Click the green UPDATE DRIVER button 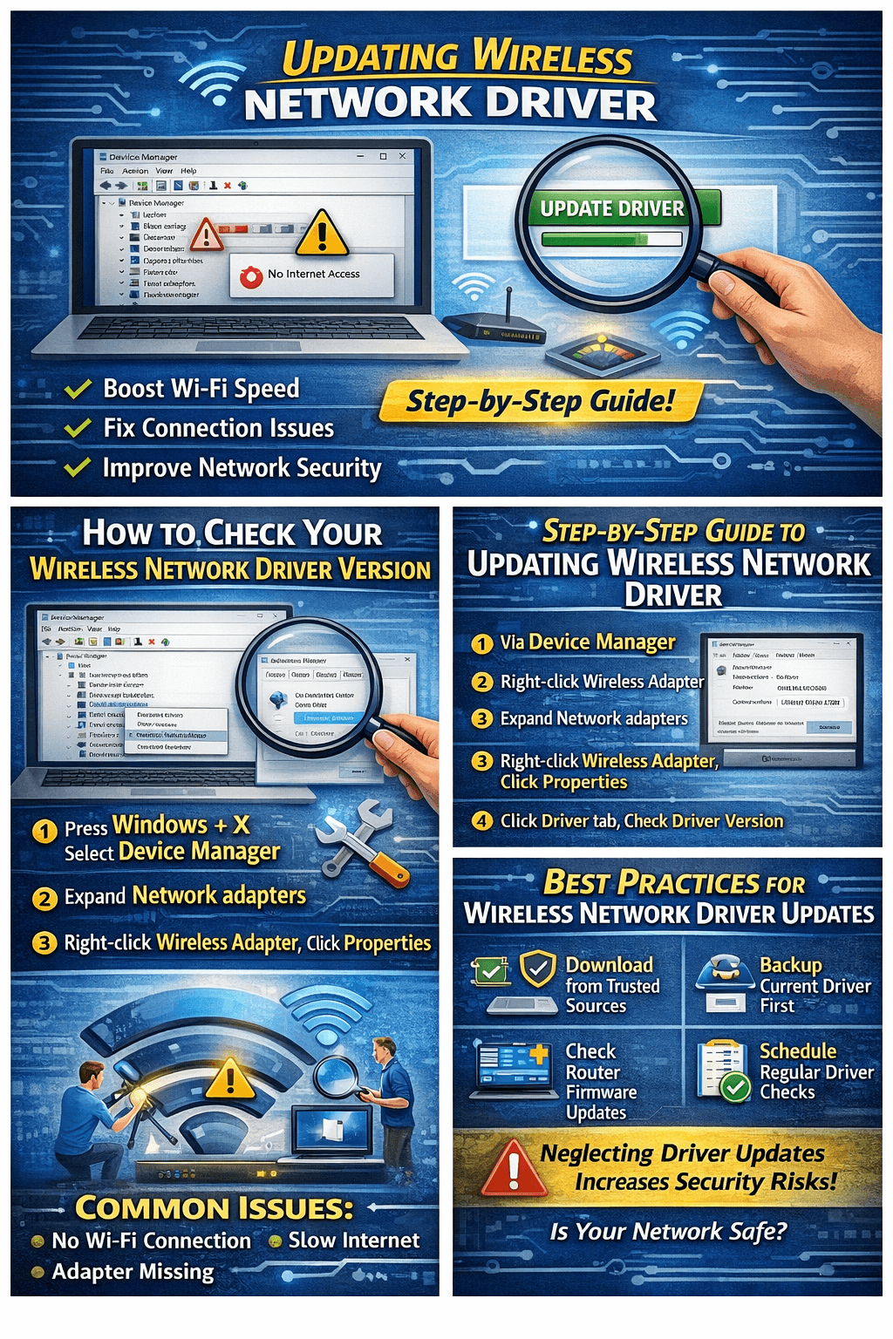612,208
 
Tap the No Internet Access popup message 311,275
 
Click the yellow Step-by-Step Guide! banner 541,401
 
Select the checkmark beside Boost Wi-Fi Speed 78,389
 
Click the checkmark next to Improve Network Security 78,468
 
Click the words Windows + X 181,825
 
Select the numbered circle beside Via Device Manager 481,643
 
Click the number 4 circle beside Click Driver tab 481,821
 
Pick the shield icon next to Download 538,968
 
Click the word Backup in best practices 790,965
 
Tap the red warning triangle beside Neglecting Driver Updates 514,1168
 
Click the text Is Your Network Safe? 668,1232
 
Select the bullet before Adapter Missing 37,1272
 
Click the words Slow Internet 354,1240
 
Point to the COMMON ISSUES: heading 215,1208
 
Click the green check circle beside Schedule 737,1086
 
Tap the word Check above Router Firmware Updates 590,1052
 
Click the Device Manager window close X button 402,157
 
